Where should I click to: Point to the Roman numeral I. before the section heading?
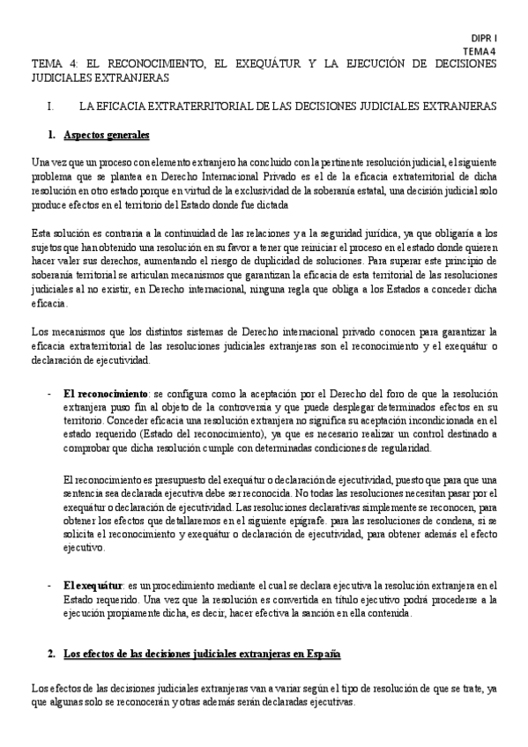[55, 106]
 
